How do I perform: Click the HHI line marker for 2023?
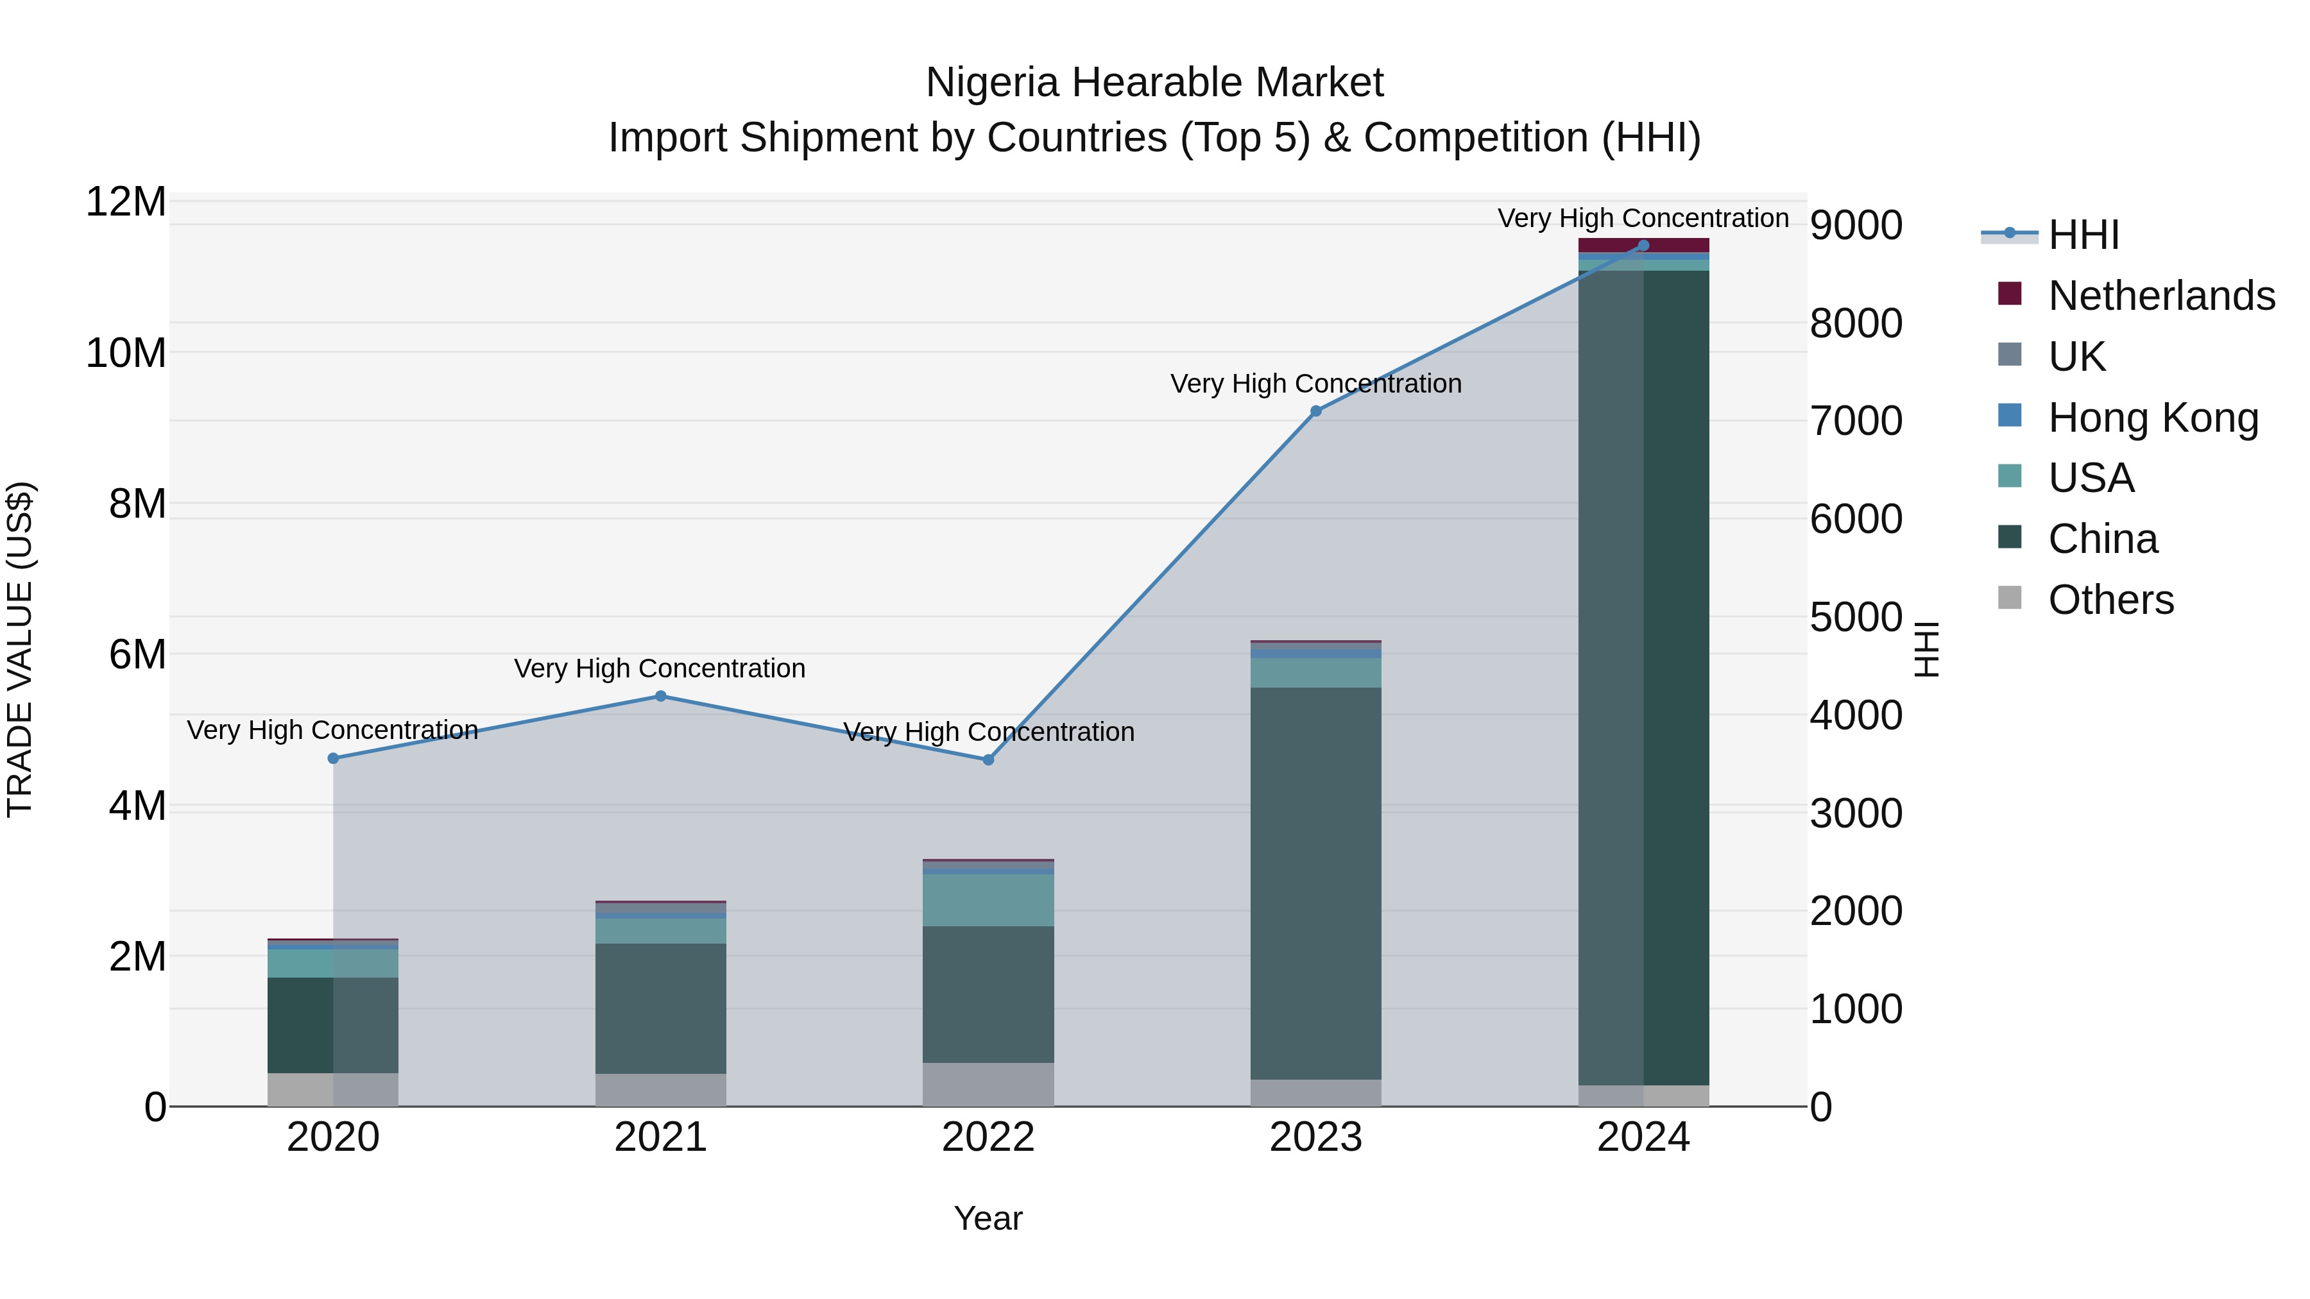pos(1315,411)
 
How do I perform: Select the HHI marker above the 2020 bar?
pos(334,758)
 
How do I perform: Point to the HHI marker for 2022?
pos(988,760)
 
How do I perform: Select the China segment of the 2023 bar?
pos(1315,883)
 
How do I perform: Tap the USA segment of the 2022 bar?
pos(988,900)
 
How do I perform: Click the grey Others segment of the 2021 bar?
pos(661,1090)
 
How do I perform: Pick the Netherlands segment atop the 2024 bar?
pos(1644,245)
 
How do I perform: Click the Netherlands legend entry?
pos(2161,296)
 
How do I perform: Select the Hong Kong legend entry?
pos(2152,418)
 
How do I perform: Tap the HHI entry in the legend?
pos(2083,235)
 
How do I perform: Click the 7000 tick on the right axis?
pos(1855,421)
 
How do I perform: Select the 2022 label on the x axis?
pos(988,1137)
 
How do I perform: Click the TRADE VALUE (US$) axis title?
pos(20,649)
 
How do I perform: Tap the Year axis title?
pos(988,1218)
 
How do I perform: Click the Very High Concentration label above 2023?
pos(1315,384)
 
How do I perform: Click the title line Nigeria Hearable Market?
pos(1154,83)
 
